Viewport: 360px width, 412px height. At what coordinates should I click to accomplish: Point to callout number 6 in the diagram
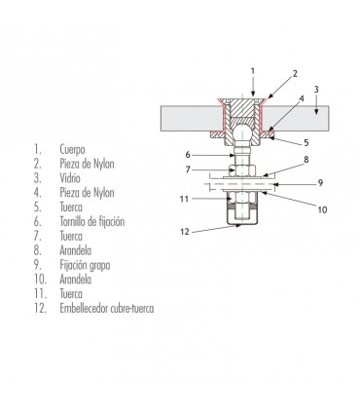(187, 154)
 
